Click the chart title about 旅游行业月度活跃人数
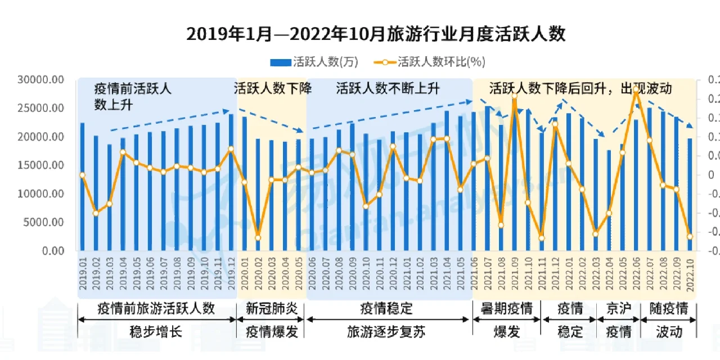point(375,35)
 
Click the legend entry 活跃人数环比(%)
point(433,62)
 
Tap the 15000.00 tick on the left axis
point(40,166)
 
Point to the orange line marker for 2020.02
point(258,237)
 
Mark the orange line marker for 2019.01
point(83,175)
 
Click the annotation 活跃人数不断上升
point(388,89)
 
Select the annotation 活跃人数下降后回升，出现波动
point(580,89)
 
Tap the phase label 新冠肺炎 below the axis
point(272,309)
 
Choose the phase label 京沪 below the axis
point(619,309)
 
